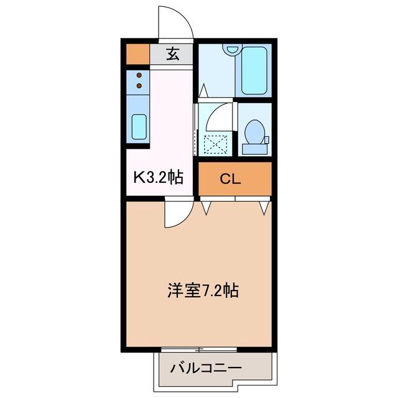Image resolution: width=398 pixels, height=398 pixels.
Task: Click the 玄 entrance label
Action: pos(173,54)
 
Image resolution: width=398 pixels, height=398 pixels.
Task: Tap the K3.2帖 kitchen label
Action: pos(158,177)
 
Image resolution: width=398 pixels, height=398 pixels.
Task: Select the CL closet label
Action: pos(230,179)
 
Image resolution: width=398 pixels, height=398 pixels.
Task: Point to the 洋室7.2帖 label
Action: pos(203,290)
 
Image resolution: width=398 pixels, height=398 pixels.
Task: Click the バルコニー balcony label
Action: pos(206,368)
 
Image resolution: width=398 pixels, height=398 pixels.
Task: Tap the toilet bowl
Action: pos(254,132)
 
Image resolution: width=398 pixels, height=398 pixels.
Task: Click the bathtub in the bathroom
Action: pos(254,70)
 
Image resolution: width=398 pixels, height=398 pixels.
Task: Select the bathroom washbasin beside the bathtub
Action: pos(231,49)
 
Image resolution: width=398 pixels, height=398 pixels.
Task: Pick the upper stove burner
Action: pos(139,75)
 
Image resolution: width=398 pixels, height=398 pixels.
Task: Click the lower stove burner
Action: pos(139,86)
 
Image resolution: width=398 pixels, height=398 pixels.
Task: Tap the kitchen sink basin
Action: pos(139,127)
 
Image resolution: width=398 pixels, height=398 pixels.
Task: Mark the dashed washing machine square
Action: pos(216,145)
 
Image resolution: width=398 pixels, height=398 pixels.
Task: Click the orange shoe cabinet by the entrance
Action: pos(138,54)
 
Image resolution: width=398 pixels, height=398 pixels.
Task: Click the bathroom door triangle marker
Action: pos(203,90)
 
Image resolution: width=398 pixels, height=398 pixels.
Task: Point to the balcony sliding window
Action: pos(199,349)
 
